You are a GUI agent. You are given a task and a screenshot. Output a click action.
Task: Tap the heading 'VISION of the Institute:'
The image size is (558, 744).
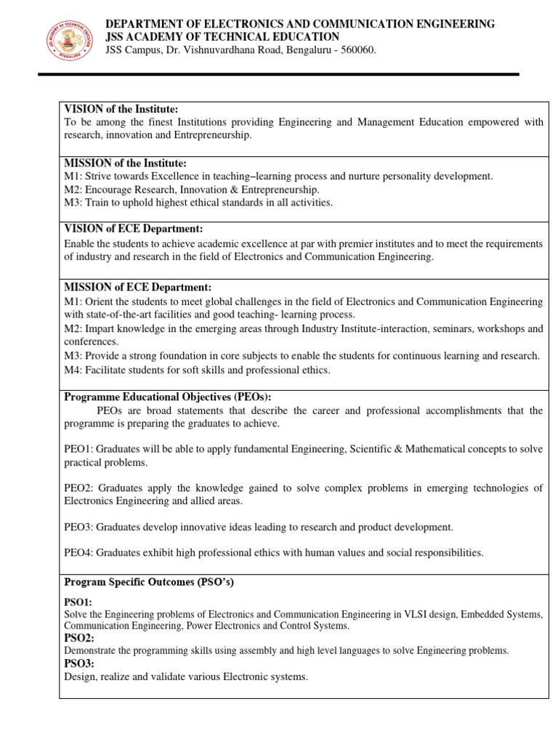coord(121,109)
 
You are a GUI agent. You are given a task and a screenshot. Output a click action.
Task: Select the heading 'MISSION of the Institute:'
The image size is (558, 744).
coord(126,163)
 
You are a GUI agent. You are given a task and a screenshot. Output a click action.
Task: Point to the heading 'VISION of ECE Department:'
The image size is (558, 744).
coord(134,229)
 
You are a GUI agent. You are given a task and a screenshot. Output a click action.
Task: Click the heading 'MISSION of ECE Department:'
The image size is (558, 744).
coord(138,288)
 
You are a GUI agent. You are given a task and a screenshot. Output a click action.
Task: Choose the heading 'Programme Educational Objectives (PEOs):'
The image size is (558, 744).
coord(168,397)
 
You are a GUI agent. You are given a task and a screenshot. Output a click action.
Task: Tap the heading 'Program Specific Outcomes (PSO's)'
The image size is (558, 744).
coord(149,583)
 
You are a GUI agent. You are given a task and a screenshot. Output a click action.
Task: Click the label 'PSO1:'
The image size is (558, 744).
coord(78,602)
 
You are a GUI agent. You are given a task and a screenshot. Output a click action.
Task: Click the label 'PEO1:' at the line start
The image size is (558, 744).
coord(78,450)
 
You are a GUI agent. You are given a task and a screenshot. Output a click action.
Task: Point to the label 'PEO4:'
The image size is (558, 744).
coord(78,553)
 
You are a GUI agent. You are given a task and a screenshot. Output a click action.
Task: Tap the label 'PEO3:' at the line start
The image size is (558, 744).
coord(78,527)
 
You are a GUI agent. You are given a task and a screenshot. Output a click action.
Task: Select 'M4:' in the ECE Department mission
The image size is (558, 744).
coord(73,370)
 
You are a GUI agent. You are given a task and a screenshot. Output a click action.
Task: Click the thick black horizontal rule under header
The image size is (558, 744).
coord(278,74)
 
